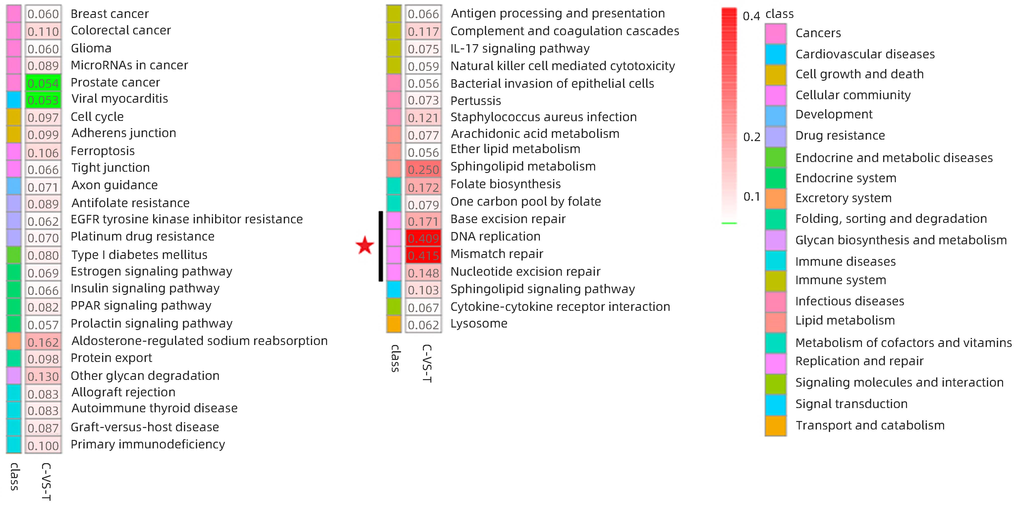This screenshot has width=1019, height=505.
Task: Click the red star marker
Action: [365, 245]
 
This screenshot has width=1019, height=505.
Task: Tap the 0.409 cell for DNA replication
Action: [423, 238]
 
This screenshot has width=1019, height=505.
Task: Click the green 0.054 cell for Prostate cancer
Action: [43, 83]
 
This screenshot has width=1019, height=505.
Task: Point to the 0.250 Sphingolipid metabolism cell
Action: [423, 169]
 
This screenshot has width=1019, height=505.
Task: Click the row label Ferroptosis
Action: [103, 151]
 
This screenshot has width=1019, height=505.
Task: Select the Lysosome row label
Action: [479, 324]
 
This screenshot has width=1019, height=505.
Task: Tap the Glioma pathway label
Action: [91, 48]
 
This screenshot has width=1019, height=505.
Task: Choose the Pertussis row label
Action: [475, 101]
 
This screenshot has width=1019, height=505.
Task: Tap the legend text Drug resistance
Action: [840, 135]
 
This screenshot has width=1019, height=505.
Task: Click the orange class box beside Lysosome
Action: [394, 324]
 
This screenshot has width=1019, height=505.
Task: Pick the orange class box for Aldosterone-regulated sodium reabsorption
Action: [14, 341]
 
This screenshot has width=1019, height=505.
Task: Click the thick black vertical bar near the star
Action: [381, 246]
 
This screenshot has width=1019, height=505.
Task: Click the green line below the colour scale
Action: [729, 223]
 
